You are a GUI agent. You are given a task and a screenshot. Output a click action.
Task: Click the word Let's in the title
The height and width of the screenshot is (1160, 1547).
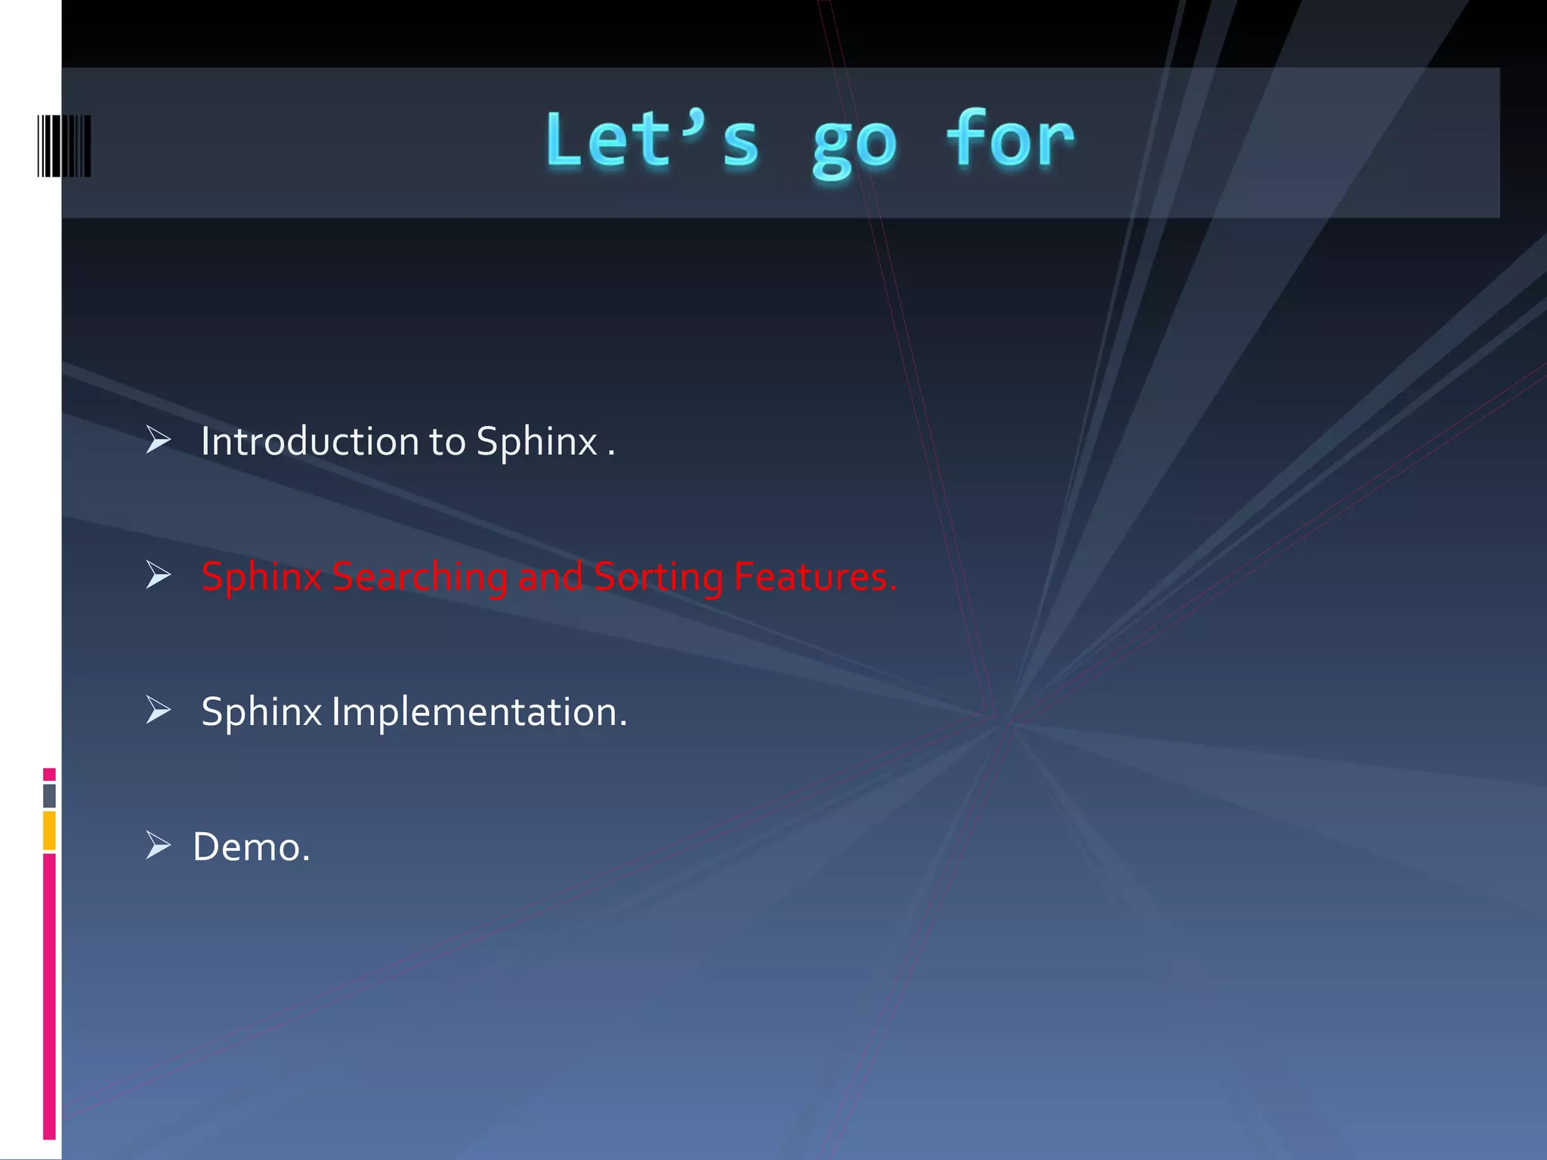651,140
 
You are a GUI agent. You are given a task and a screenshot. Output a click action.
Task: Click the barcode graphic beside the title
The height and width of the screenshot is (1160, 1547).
64,146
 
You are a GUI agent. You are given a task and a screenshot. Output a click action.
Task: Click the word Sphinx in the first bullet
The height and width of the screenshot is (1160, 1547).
537,443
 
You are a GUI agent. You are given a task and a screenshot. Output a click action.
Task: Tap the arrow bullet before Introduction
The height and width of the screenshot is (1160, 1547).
159,440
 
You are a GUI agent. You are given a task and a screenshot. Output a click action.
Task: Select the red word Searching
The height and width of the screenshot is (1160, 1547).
419,578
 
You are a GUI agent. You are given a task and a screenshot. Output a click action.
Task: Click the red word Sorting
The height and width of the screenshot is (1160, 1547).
658,578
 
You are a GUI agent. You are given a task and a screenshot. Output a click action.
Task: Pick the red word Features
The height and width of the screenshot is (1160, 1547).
815,576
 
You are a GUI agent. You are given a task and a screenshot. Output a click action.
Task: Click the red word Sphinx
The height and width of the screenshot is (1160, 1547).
261,578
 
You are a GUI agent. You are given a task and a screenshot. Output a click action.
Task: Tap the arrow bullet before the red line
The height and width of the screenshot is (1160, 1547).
159,575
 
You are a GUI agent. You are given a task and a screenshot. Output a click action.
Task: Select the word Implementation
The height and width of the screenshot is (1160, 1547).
479,712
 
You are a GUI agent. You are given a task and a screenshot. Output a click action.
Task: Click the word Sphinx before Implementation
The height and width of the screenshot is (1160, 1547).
261,713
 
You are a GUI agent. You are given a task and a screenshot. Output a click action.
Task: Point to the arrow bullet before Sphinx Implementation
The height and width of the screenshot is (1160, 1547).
159,710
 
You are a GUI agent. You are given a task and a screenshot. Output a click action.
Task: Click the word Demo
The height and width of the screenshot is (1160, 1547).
251,847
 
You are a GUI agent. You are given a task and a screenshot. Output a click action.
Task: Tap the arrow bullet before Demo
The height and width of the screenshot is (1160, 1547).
159,845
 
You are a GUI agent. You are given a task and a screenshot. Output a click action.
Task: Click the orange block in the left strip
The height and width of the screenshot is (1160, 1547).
49,830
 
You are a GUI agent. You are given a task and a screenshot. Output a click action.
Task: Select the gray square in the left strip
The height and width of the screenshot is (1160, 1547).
49,795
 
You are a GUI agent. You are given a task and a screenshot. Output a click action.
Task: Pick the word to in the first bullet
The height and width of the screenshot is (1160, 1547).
447,442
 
